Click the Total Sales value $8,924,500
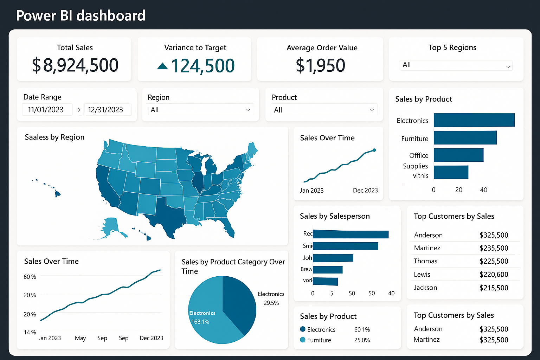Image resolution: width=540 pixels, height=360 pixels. click(x=75, y=65)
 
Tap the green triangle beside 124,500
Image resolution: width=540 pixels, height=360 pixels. click(x=162, y=66)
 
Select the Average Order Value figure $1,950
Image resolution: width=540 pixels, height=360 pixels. click(x=320, y=65)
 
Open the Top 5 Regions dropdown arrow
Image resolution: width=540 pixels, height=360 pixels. click(x=508, y=66)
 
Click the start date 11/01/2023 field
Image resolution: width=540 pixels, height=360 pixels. click(x=46, y=110)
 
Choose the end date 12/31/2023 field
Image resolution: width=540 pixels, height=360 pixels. click(x=106, y=110)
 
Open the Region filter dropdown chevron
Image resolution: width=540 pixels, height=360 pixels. click(x=248, y=110)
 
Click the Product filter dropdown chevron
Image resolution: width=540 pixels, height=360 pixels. click(x=372, y=110)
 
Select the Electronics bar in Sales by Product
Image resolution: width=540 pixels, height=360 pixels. click(x=474, y=120)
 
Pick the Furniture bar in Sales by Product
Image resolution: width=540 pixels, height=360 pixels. click(x=465, y=138)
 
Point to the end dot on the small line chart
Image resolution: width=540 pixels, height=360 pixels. click(x=374, y=150)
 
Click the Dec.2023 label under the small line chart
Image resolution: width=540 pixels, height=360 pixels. click(x=365, y=191)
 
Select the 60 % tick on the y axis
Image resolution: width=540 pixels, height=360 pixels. click(x=30, y=277)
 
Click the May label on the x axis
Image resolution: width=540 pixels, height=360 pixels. click(x=80, y=338)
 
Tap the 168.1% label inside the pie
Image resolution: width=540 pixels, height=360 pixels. click(x=200, y=322)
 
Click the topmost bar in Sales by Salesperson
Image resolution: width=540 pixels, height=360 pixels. click(x=351, y=234)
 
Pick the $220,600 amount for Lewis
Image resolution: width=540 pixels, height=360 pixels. click(x=494, y=275)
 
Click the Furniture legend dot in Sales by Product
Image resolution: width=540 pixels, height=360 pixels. click(x=303, y=340)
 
